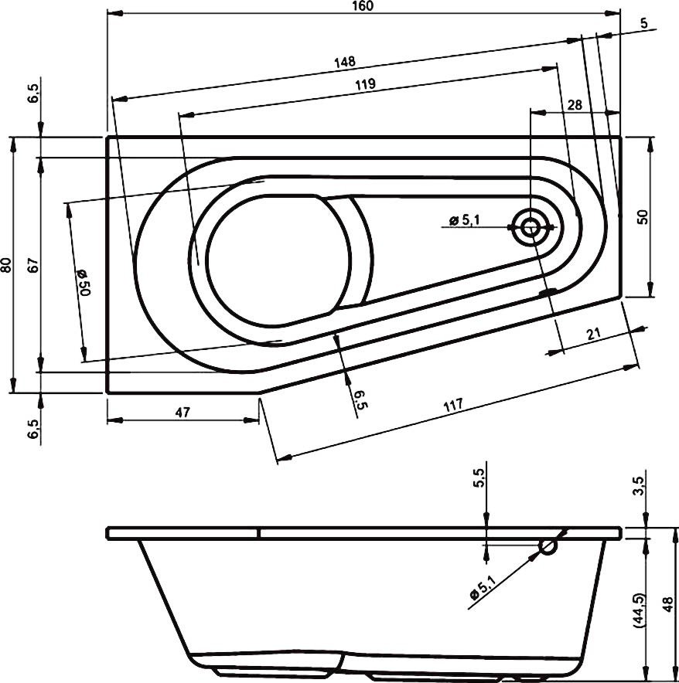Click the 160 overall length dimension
pyautogui.click(x=364, y=6)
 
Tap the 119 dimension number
pyautogui.click(x=367, y=86)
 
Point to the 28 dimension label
pyautogui.click(x=575, y=105)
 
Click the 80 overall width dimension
pyautogui.click(x=7, y=265)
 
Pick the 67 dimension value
pyautogui.click(x=32, y=265)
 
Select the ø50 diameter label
pyautogui.click(x=84, y=283)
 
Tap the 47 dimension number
pyautogui.click(x=183, y=413)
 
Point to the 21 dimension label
pyautogui.click(x=594, y=334)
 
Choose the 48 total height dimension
pyautogui.click(x=669, y=603)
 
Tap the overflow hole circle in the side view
pyautogui.click(x=548, y=547)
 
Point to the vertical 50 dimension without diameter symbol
pyautogui.click(x=642, y=216)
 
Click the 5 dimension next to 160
pyautogui.click(x=643, y=23)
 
